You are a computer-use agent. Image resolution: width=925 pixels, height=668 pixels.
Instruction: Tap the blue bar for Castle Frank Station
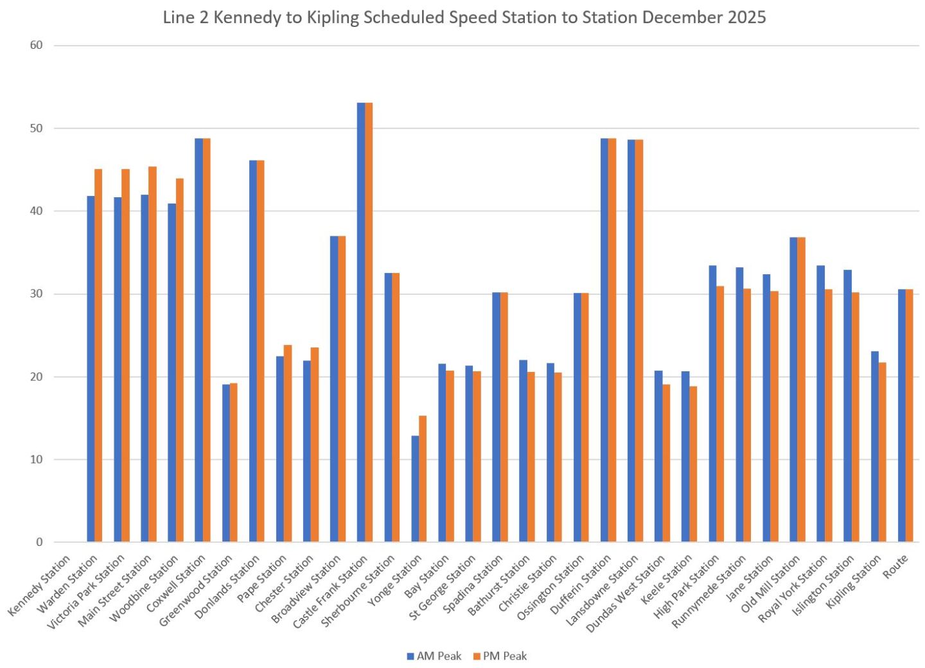point(361,321)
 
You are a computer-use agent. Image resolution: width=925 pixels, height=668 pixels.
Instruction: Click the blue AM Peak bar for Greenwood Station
point(226,462)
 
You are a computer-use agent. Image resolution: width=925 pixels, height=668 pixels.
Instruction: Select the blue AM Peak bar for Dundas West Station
point(658,456)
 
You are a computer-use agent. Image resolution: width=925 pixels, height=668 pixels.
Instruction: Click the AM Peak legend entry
point(435,656)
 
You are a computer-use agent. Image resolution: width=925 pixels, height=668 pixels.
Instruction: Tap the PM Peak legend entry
point(500,656)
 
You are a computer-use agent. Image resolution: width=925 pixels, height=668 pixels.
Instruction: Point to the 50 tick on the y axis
point(36,128)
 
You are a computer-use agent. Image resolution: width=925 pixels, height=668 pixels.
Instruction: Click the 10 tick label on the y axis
point(36,459)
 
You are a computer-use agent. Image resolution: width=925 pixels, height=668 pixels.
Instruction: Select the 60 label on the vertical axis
point(36,45)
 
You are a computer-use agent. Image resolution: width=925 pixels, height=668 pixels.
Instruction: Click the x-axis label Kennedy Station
point(40,585)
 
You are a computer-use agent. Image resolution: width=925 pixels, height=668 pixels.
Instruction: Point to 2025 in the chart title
point(746,17)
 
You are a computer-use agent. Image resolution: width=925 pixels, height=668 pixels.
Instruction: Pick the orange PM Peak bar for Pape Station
point(288,443)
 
